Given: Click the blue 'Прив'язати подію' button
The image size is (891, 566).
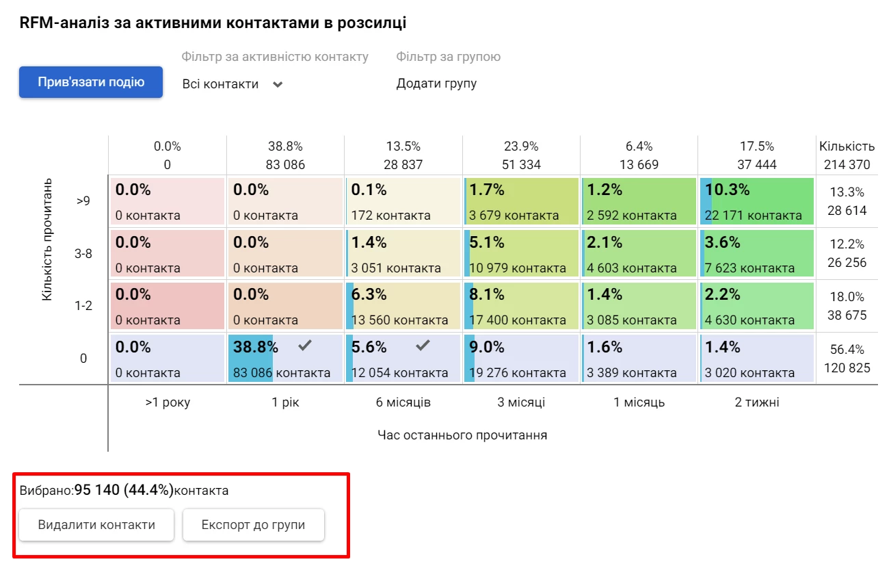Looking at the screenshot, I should pyautogui.click(x=91, y=82).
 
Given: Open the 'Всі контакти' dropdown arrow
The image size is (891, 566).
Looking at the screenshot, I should pyautogui.click(x=277, y=84).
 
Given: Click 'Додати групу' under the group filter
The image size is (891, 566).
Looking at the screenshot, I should pyautogui.click(x=436, y=83).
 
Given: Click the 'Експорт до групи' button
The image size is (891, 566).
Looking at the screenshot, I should pyautogui.click(x=253, y=525).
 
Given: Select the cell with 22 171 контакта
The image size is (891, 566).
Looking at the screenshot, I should pyautogui.click(x=756, y=201).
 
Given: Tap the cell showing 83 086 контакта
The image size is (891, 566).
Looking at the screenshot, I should pyautogui.click(x=285, y=359).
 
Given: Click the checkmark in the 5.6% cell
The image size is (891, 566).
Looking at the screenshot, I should pyautogui.click(x=423, y=346).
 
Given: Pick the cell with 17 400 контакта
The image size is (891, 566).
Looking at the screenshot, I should pyautogui.click(x=521, y=306).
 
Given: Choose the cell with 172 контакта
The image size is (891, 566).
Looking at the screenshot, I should pyautogui.click(x=403, y=201).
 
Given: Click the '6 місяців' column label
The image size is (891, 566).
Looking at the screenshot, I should pyautogui.click(x=403, y=402).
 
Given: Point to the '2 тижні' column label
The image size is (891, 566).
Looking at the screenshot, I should pyautogui.click(x=757, y=402).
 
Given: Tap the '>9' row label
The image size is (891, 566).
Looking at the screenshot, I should pyautogui.click(x=83, y=201).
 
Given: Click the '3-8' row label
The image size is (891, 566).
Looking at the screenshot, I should pyautogui.click(x=83, y=253).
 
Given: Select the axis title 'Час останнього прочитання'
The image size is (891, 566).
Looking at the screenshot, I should pyautogui.click(x=462, y=435).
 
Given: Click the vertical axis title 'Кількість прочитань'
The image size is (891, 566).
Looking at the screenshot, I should pyautogui.click(x=46, y=240).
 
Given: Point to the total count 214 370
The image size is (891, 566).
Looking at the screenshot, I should pyautogui.click(x=847, y=164).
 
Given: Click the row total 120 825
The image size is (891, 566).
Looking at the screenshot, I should pyautogui.click(x=847, y=368).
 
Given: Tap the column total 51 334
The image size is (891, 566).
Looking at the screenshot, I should pyautogui.click(x=521, y=164).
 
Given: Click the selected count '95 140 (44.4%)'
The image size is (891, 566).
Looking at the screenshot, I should pyautogui.click(x=124, y=490).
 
